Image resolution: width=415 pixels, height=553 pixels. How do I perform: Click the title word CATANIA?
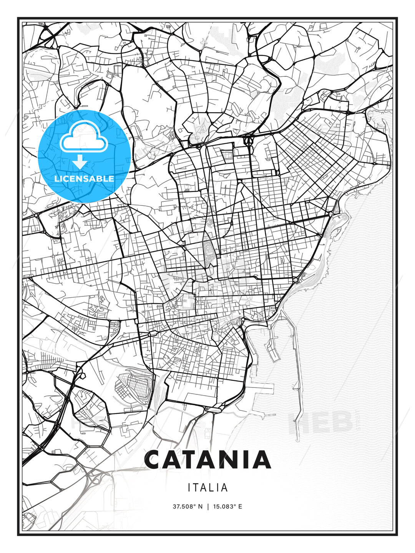coord(207,460)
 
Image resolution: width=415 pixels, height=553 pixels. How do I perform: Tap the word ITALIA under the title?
coord(207,488)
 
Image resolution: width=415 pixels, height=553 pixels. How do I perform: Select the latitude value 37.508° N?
coord(187,507)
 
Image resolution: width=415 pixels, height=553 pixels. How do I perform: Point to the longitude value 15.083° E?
coord(227,507)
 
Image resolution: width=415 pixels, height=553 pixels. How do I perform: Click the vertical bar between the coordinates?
coord(207,507)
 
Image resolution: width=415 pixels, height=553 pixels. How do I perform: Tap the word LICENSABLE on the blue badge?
coord(84,179)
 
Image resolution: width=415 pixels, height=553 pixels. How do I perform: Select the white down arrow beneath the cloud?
coord(80,162)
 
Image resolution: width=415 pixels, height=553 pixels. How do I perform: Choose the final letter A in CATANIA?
coord(263,460)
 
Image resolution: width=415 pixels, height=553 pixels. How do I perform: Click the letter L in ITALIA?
coord(212,488)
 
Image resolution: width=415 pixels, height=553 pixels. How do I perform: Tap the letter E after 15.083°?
coord(240,507)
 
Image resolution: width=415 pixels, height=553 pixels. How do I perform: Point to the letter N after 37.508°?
coord(200,507)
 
